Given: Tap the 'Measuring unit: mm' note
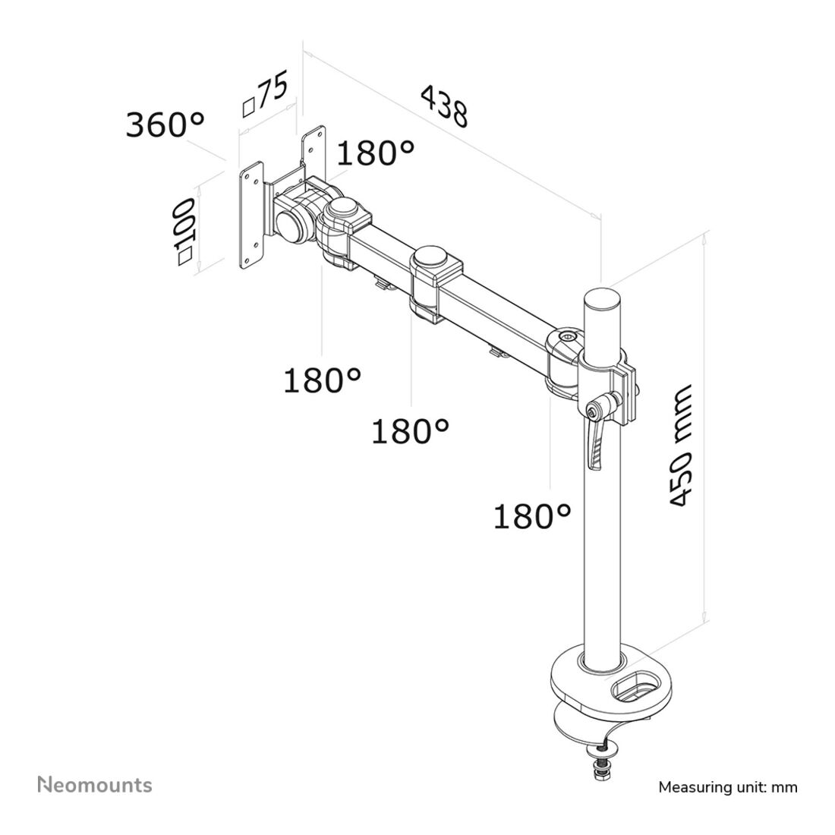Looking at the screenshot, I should [728, 786].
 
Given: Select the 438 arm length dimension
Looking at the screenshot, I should [444, 106].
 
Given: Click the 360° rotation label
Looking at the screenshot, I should [165, 124].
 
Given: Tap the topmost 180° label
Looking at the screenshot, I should [375, 153].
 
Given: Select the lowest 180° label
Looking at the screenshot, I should [532, 517].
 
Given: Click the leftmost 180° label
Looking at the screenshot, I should [322, 380].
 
